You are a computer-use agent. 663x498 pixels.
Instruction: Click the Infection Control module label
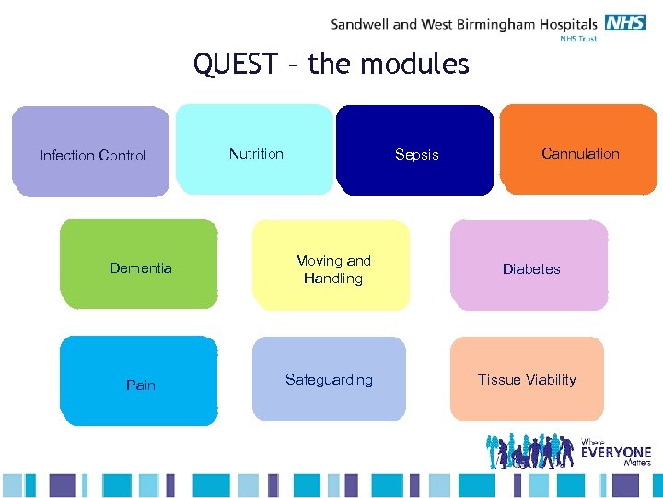(92, 156)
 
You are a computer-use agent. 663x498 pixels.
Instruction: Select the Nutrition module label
(256, 154)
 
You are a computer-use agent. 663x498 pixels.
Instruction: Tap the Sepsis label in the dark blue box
(416, 155)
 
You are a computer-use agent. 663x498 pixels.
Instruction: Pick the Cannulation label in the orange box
(580, 154)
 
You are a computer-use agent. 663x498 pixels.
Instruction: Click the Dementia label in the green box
(140, 268)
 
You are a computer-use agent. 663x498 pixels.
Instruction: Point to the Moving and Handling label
(332, 269)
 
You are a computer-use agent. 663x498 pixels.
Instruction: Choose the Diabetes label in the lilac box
(531, 269)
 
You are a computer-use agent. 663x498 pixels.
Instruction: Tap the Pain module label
(140, 385)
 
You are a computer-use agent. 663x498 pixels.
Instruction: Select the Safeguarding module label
(329, 380)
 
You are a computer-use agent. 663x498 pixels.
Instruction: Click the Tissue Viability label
(527, 380)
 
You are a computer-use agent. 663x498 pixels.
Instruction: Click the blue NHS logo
(627, 23)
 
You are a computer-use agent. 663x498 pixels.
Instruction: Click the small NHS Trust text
(580, 40)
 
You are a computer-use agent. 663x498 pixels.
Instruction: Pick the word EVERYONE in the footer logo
(616, 453)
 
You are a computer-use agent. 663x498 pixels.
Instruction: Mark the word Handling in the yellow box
(332, 279)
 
